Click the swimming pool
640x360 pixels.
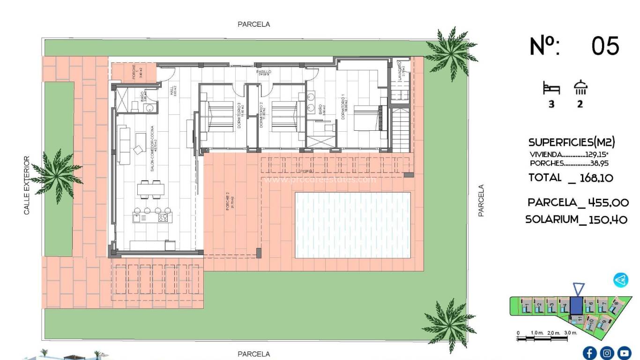pos(352,225)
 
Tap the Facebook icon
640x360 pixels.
pos(589,352)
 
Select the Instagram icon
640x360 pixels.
pos(607,352)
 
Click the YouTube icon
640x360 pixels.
pos(624,352)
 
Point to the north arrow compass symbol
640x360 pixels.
pos(621,280)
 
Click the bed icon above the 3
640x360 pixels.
pos(551,88)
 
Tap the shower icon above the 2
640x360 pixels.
pos(580,88)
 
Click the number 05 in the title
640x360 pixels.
pos(605,46)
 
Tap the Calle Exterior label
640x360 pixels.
pos(26,186)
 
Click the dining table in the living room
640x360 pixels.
pos(151,189)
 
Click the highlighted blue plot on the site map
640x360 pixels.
pos(577,306)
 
